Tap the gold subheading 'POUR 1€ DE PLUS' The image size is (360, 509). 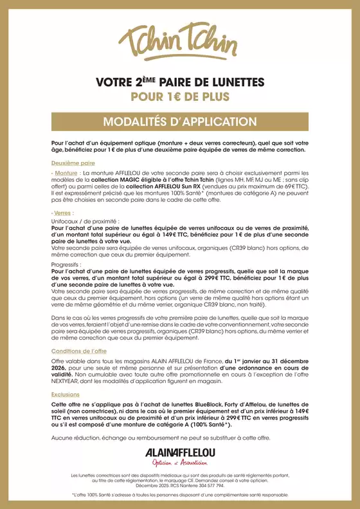(180, 97)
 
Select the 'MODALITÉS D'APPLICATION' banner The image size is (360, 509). (180, 122)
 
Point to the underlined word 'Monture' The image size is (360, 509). (66, 174)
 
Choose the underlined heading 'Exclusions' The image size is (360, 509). (66, 394)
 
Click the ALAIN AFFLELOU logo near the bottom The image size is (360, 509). (179, 451)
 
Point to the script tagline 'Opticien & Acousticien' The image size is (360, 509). (179, 463)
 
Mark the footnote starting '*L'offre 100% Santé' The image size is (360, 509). (180, 496)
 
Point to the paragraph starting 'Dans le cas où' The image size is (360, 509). (180, 327)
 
